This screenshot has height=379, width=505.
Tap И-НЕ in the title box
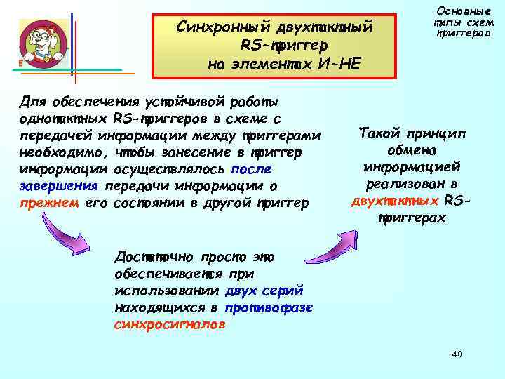click(339, 64)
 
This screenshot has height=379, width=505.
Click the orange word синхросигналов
click(169, 325)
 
